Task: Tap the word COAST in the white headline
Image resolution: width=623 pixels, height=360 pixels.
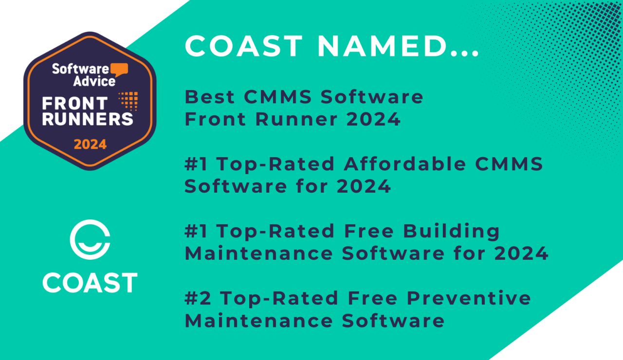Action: click(x=244, y=46)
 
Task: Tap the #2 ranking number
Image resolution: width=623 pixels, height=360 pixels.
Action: click(x=197, y=298)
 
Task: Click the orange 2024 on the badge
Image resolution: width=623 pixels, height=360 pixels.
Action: click(x=90, y=144)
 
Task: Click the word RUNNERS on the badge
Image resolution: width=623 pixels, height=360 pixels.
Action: click(x=87, y=119)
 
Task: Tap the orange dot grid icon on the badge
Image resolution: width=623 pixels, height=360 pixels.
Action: click(x=128, y=101)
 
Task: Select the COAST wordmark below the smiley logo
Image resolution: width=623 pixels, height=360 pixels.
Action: click(x=90, y=283)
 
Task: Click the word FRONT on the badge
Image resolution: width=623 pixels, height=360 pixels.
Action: click(x=74, y=103)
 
